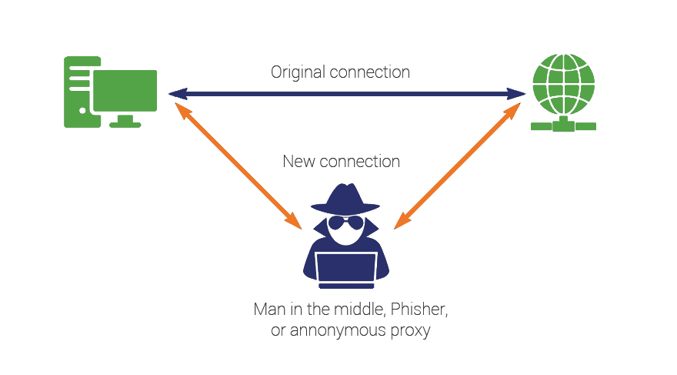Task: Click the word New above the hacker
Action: click(298, 162)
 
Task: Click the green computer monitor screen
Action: click(125, 91)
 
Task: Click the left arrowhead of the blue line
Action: click(175, 93)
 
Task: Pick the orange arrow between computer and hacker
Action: click(238, 166)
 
